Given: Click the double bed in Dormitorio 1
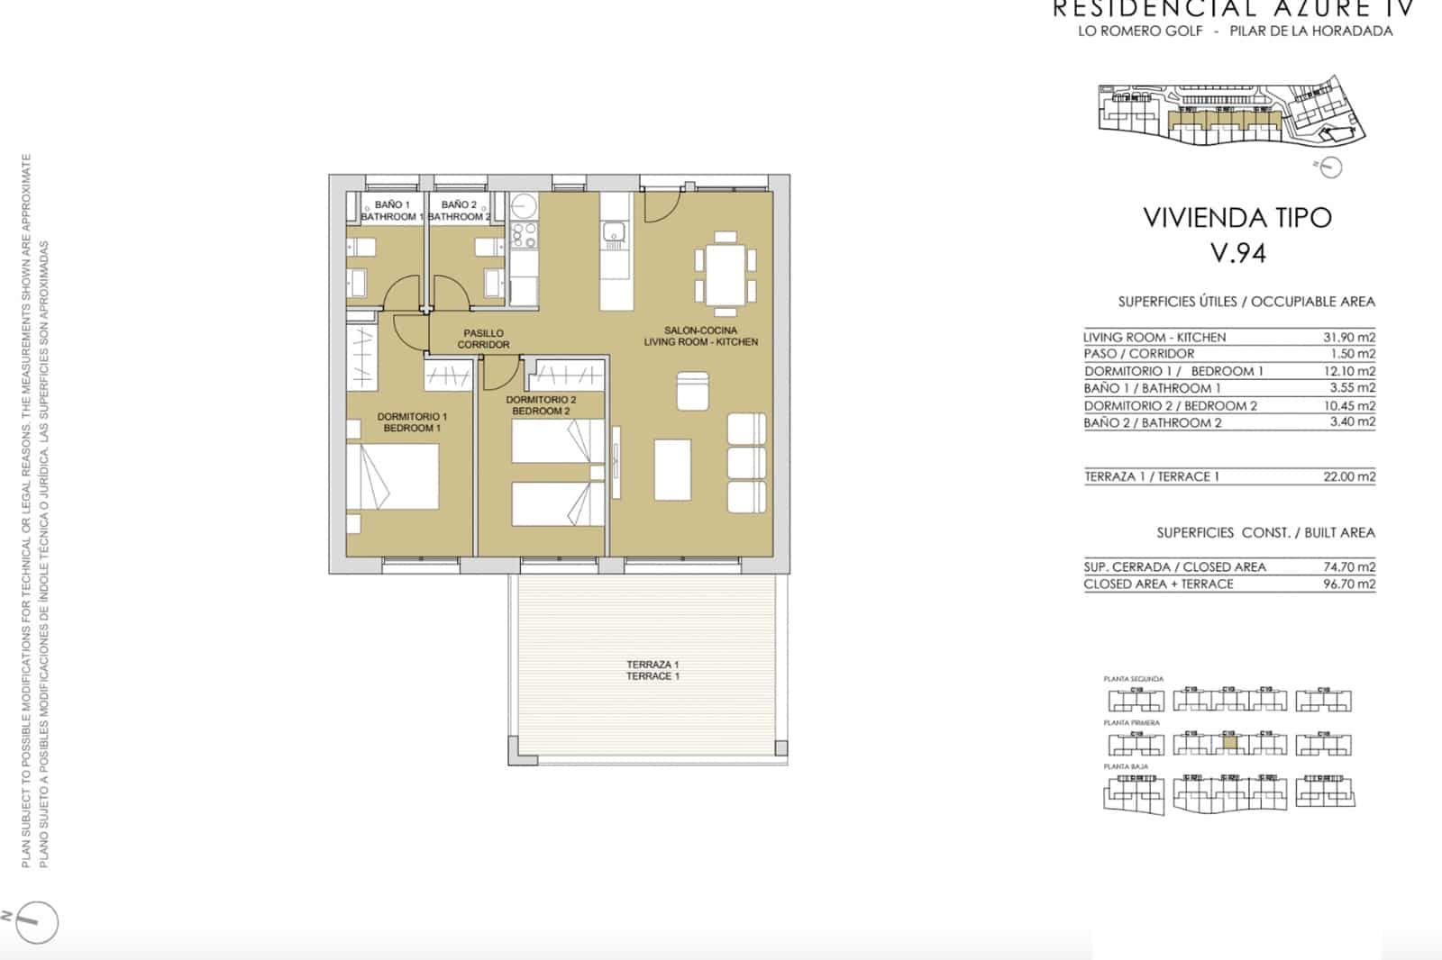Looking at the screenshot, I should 392,477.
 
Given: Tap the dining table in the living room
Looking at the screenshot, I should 725,268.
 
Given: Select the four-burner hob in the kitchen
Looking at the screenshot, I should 524,235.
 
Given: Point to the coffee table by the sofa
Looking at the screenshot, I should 672,468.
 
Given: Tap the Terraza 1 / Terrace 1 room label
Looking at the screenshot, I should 653,670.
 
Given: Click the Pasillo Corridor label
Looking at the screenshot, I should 483,339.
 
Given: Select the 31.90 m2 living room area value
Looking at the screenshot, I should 1348,337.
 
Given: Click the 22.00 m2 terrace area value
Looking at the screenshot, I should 1348,476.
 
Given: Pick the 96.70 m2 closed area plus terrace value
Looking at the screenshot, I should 1348,584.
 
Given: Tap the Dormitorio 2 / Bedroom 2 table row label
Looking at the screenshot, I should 1170,405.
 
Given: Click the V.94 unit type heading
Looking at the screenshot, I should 1237,253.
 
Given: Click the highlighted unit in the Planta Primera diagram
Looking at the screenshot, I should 1228,744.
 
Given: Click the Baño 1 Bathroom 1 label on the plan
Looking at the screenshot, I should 392,211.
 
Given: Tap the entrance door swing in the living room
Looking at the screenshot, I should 660,207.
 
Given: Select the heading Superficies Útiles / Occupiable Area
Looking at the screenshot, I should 1246,302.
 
